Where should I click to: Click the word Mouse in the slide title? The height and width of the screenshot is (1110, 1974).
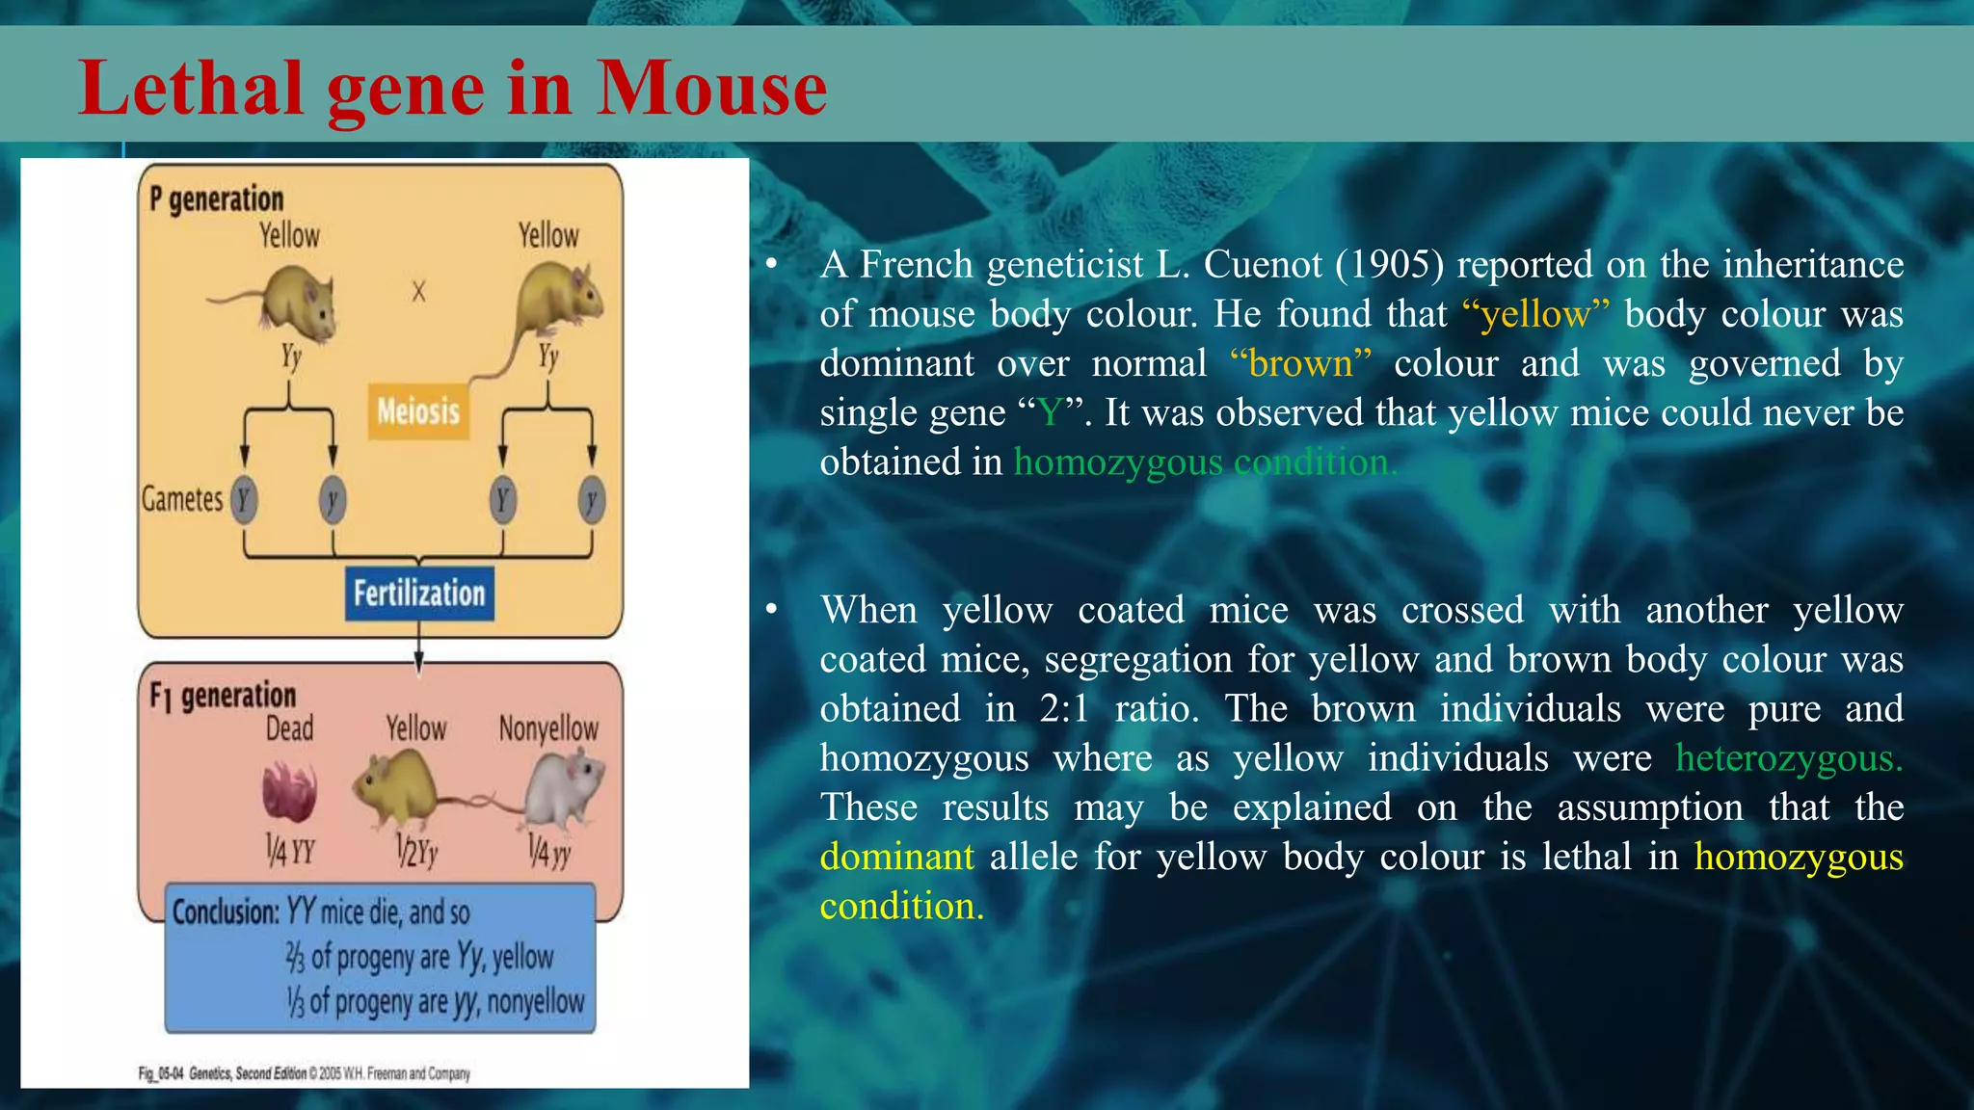pyautogui.click(x=711, y=89)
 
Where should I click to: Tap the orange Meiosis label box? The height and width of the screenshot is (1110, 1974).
pyautogui.click(x=418, y=412)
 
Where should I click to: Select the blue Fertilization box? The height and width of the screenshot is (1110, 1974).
pyautogui.click(x=419, y=594)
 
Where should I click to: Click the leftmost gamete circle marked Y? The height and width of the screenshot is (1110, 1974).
pyautogui.click(x=245, y=500)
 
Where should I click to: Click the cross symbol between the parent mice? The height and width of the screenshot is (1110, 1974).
pyautogui.click(x=418, y=291)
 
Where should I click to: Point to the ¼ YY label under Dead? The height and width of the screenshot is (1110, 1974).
pyautogui.click(x=290, y=851)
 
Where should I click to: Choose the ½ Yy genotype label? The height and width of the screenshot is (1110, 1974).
pyautogui.click(x=417, y=852)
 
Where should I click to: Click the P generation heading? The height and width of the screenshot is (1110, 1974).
pyautogui.click(x=217, y=199)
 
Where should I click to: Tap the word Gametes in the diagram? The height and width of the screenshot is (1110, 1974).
pyautogui.click(x=182, y=499)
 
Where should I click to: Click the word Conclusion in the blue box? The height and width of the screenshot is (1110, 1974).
pyautogui.click(x=226, y=912)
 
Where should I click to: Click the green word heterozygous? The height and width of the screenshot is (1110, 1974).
pyautogui.click(x=1789, y=758)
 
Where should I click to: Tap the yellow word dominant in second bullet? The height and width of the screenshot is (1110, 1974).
pyautogui.click(x=896, y=857)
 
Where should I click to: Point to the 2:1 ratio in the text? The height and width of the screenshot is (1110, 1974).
pyautogui.click(x=1064, y=709)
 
